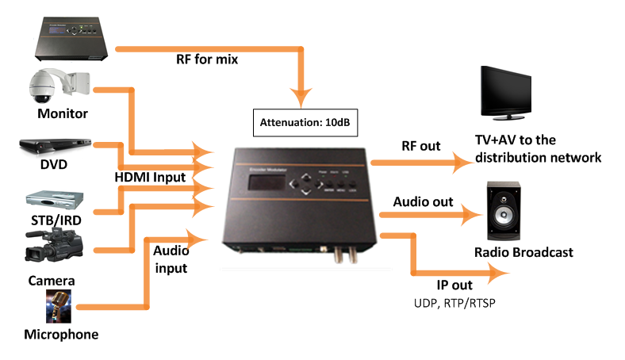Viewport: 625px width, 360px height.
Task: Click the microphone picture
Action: [x=59, y=306]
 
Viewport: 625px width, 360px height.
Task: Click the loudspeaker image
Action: [x=504, y=214]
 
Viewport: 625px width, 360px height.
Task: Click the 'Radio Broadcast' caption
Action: [x=523, y=253]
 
